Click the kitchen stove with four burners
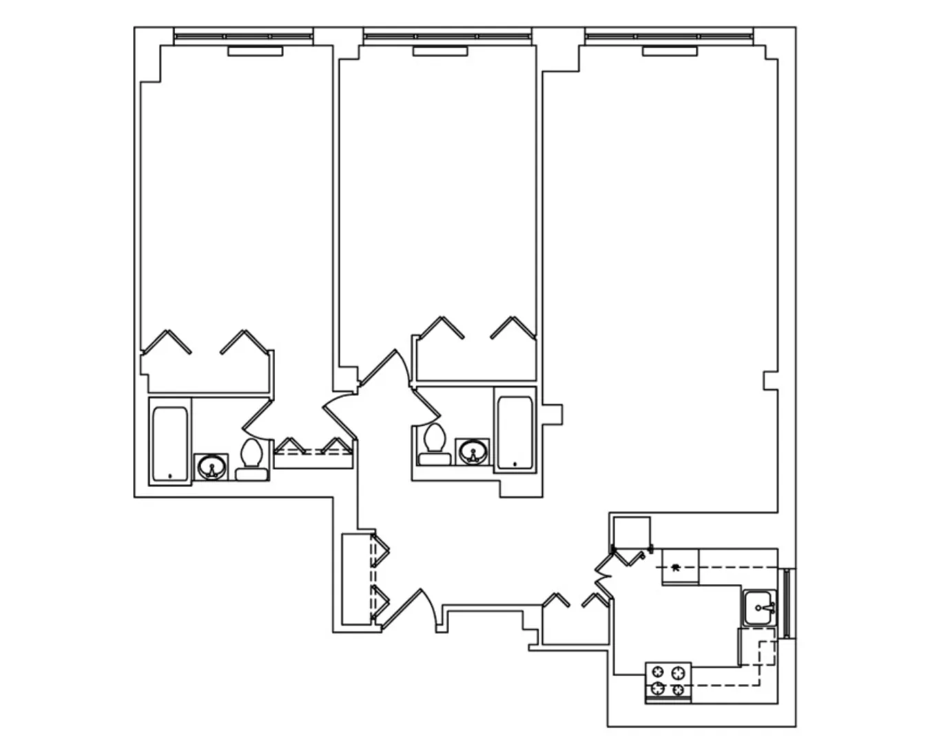point(668,682)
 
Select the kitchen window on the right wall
point(789,603)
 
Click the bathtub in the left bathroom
point(169,445)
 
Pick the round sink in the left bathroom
point(211,468)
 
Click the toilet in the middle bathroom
point(435,445)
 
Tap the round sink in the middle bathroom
point(473,453)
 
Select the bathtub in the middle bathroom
point(515,433)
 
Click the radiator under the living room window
point(669,51)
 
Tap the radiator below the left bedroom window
point(255,51)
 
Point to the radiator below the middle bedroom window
point(440,51)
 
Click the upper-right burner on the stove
point(680,672)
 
